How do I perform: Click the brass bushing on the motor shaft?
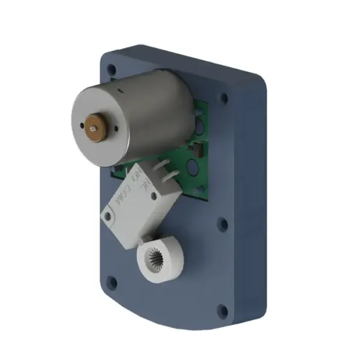[92, 126]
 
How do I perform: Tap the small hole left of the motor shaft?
[85, 127]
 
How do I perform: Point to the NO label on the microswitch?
[136, 176]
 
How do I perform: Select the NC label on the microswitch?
[144, 187]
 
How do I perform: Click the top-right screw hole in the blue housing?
[224, 97]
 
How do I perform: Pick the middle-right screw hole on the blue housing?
[223, 226]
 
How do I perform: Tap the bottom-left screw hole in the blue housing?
[111, 280]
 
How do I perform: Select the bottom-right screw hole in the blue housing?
[222, 310]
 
